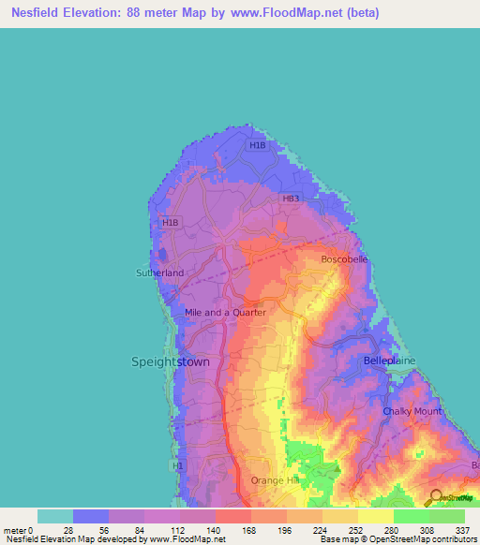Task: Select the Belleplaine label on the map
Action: (389, 360)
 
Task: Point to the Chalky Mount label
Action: (412, 411)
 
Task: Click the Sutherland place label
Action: (160, 272)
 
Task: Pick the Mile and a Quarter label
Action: (226, 312)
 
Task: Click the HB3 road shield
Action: (291, 199)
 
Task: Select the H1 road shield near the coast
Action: (178, 465)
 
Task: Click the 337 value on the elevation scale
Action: (462, 529)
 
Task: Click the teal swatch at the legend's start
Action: (55, 516)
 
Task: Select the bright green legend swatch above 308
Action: (411, 516)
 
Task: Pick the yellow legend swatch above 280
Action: (375, 516)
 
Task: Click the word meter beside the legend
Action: (15, 529)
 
